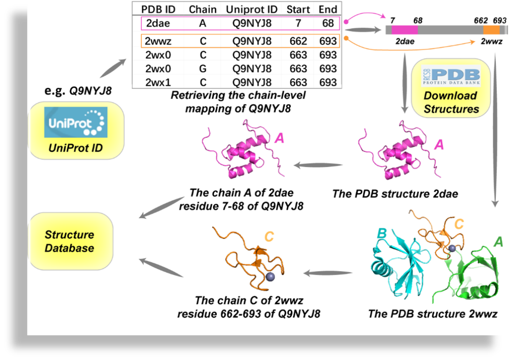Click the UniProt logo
coord(76,122)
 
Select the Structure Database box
coord(70,241)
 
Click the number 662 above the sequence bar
coord(481,21)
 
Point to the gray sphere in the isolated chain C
coord(270,277)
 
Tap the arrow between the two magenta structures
coord(318,165)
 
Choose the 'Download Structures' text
coord(451,102)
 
